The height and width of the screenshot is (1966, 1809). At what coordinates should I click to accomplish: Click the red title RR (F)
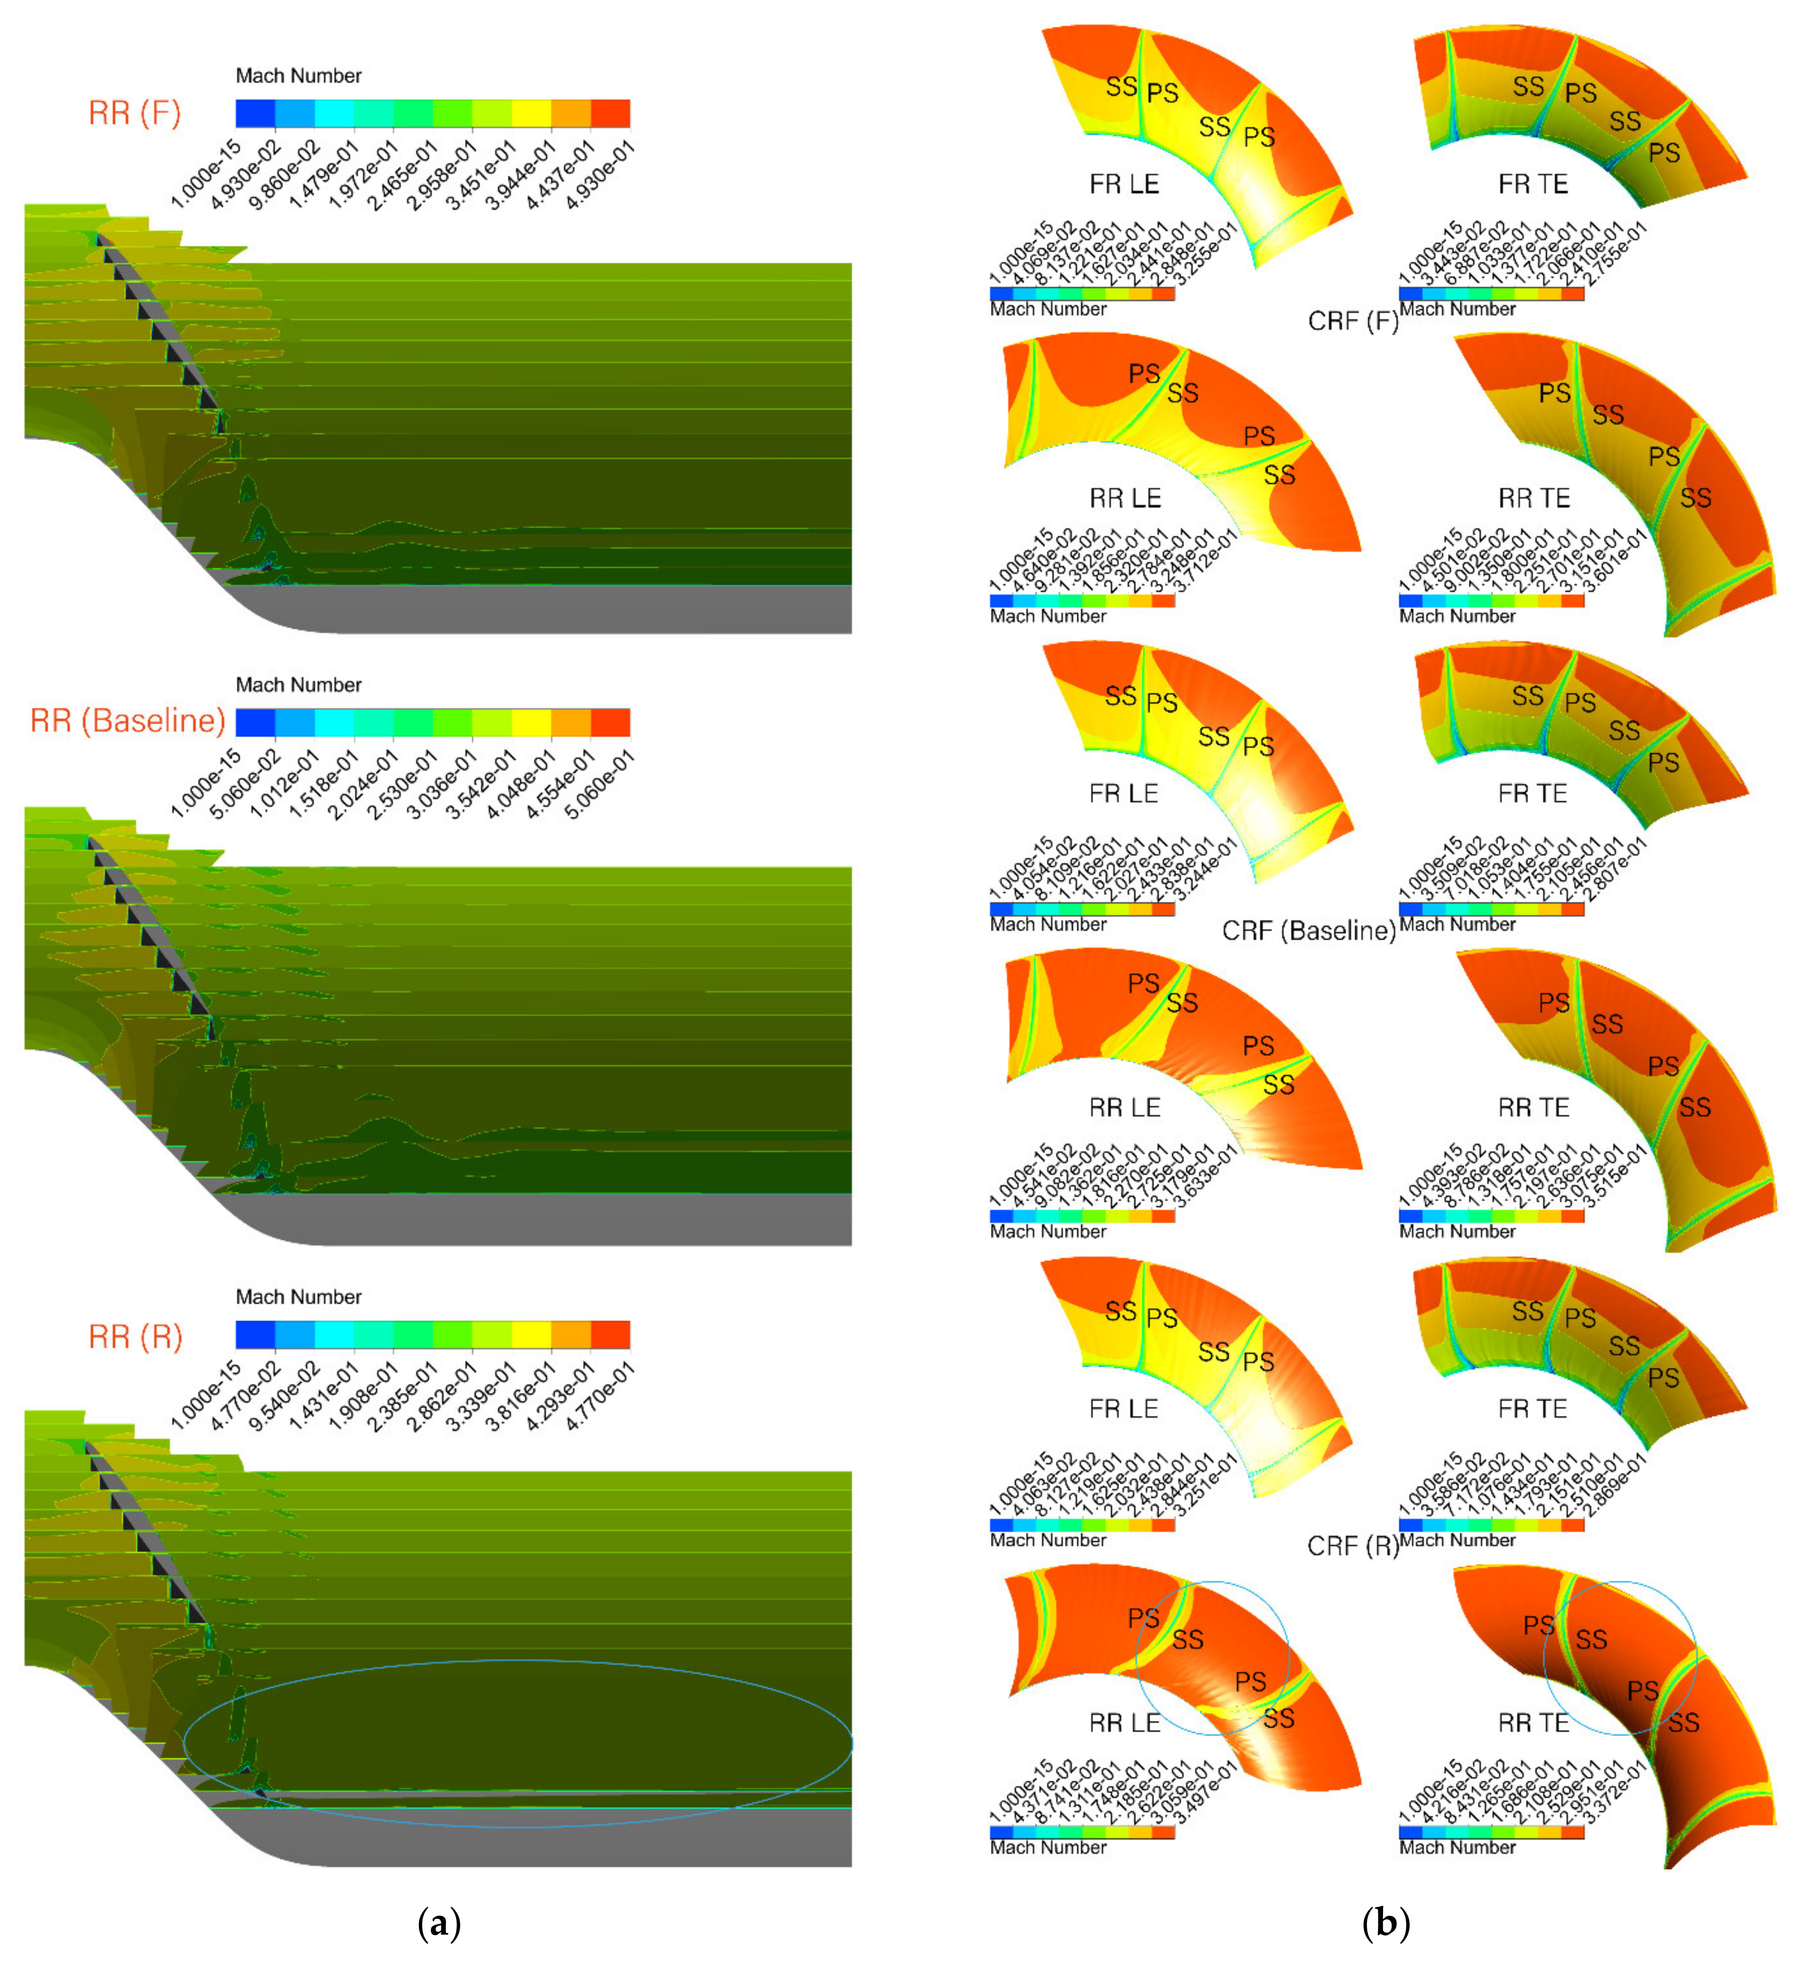pos(135,114)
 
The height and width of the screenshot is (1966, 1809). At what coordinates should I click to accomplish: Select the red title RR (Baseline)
pos(127,721)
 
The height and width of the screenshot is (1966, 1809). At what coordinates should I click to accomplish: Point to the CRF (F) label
pos(1353,321)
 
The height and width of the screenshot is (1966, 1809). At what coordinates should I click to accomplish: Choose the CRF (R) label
pos(1353,1546)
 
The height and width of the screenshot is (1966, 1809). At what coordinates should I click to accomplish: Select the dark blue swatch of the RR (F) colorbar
pos(256,114)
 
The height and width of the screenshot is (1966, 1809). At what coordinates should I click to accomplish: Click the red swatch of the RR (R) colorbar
pos(610,1334)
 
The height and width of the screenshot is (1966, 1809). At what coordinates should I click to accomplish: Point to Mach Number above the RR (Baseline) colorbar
pos(298,684)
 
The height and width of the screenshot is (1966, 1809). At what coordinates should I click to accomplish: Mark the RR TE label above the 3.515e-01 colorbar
pos(1533,1107)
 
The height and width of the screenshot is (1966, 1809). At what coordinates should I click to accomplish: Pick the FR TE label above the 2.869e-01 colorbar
pos(1533,1409)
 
